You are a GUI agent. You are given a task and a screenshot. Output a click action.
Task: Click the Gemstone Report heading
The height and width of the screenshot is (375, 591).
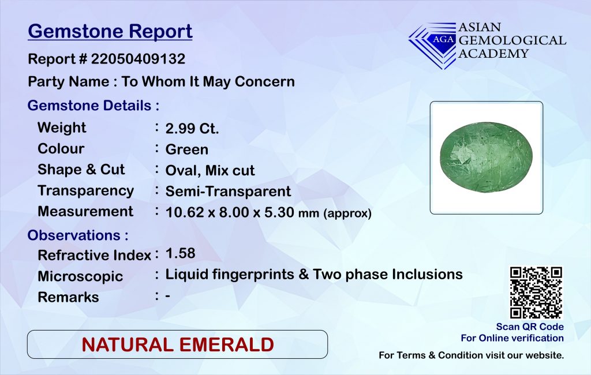pyautogui.click(x=110, y=32)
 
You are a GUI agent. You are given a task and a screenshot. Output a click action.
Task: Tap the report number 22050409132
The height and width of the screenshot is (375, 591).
pyautogui.click(x=138, y=59)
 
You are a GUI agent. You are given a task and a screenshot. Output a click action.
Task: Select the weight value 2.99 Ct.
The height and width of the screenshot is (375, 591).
pyautogui.click(x=192, y=129)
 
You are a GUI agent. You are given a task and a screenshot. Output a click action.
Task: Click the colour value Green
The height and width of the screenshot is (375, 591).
pyautogui.click(x=186, y=149)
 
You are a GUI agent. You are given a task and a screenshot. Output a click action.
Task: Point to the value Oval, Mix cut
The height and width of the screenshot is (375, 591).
pyautogui.click(x=210, y=170)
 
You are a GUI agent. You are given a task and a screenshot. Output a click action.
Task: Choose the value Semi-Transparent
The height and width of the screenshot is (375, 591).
pyautogui.click(x=228, y=191)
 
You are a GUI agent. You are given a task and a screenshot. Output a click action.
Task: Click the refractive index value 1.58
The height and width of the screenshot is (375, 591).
pyautogui.click(x=180, y=253)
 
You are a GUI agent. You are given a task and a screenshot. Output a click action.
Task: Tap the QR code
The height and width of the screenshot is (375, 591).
pyautogui.click(x=536, y=292)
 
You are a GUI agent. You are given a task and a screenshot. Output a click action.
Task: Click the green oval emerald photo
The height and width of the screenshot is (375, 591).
pyautogui.click(x=486, y=157)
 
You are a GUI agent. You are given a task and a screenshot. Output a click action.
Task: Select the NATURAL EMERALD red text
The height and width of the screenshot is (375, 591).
pyautogui.click(x=178, y=345)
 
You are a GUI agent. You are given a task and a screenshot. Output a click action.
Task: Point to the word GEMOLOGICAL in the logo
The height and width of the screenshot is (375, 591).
pyautogui.click(x=513, y=40)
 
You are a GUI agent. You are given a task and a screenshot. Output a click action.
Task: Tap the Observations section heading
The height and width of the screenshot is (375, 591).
pyautogui.click(x=78, y=235)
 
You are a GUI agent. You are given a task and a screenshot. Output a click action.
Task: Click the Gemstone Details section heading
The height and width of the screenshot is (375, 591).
pyautogui.click(x=93, y=106)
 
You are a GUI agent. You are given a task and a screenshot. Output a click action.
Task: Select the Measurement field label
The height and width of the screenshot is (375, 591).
pyautogui.click(x=85, y=211)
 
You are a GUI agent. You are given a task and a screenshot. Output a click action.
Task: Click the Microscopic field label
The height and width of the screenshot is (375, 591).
pyautogui.click(x=80, y=276)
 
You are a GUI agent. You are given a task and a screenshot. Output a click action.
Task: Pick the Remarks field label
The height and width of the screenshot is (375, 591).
pyautogui.click(x=68, y=297)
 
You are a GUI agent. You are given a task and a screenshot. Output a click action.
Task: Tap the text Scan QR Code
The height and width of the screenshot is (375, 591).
pyautogui.click(x=530, y=327)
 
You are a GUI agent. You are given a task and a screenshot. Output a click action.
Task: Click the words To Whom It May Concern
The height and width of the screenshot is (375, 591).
pyautogui.click(x=208, y=81)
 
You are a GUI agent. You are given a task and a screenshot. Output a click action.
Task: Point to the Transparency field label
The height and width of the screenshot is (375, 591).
pyautogui.click(x=85, y=191)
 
